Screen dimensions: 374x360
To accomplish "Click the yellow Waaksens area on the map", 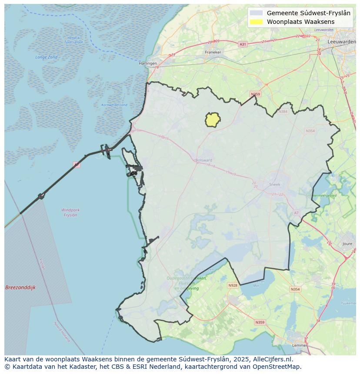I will pyautogui.click(x=212, y=120).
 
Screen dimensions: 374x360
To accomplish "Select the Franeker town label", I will pyautogui.click(x=213, y=52).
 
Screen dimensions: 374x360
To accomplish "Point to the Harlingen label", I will pyautogui.click(x=148, y=63).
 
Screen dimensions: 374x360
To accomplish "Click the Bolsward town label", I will pyautogui.click(x=203, y=160).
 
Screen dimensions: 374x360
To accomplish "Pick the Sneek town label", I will pyautogui.click(x=275, y=184).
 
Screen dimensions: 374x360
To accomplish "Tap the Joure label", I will pyautogui.click(x=347, y=244).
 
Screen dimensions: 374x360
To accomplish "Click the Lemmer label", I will pyautogui.click(x=299, y=345).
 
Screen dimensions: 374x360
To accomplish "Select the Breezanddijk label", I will pyautogui.click(x=20, y=288).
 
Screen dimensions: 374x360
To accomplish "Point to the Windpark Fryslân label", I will pyautogui.click(x=70, y=212).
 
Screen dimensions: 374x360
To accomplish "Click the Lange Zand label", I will pyautogui.click(x=47, y=57).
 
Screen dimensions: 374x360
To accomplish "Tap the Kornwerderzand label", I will pyautogui.click(x=114, y=105).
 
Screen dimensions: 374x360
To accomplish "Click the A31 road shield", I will pyautogui.click(x=243, y=44).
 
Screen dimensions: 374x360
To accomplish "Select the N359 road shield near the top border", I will pyautogui.click(x=255, y=94).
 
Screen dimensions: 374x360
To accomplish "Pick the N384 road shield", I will pyautogui.click(x=283, y=112).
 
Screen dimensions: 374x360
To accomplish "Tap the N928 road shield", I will pyautogui.click(x=233, y=285).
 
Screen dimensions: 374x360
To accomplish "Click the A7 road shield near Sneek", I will pyautogui.click(x=297, y=213).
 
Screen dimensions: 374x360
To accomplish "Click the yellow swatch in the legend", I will pyautogui.click(x=257, y=22).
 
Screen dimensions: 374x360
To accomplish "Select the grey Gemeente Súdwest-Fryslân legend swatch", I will pyautogui.click(x=257, y=13).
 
